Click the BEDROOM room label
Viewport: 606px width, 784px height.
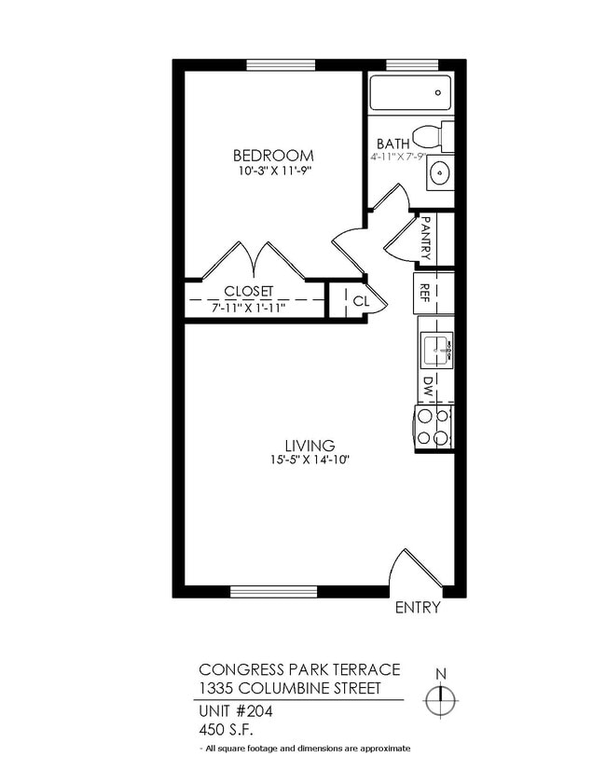272,156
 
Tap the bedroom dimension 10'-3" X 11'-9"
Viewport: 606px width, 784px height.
272,172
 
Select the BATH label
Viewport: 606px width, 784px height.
393,144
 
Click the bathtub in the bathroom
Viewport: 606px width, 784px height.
410,93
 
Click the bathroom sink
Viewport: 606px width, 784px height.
439,173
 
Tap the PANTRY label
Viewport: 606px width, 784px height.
425,238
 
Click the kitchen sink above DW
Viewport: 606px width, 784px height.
434,350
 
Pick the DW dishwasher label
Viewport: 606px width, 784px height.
427,384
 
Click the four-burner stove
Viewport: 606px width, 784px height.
434,427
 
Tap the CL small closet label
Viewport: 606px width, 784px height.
361,301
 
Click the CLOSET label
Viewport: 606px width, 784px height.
248,291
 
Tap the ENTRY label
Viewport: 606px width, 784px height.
418,609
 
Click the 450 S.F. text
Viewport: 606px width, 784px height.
223,729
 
